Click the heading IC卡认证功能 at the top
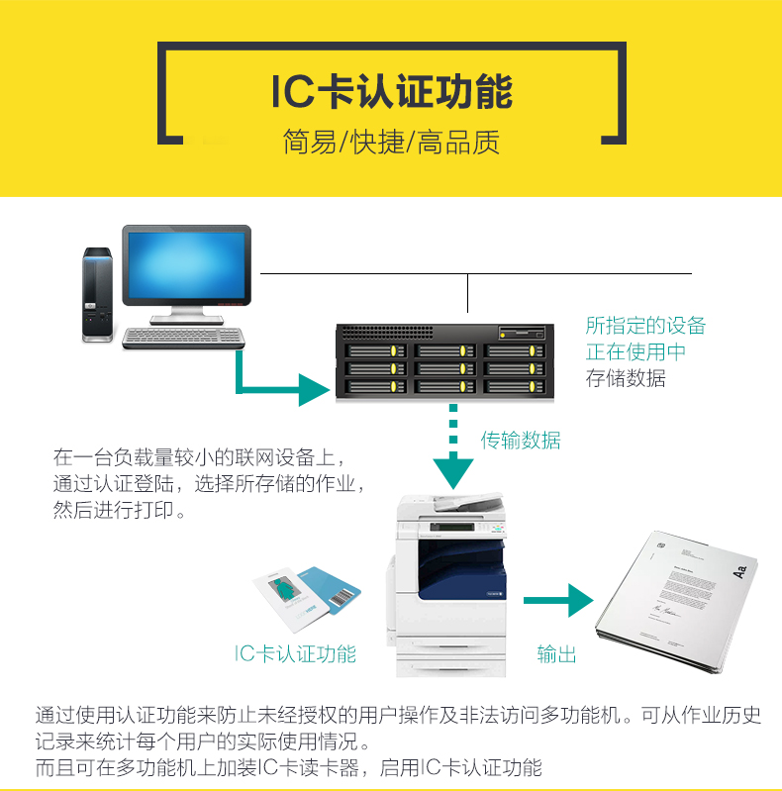click(391, 91)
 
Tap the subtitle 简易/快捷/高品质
click(391, 142)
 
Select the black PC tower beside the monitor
click(96, 294)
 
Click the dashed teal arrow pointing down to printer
click(454, 450)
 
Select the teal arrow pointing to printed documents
click(556, 600)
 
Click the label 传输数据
click(521, 441)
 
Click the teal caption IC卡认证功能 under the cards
click(295, 653)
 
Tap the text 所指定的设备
click(645, 326)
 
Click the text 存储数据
click(626, 378)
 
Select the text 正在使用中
click(635, 351)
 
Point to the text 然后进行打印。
click(119, 513)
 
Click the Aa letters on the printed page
click(737, 571)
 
